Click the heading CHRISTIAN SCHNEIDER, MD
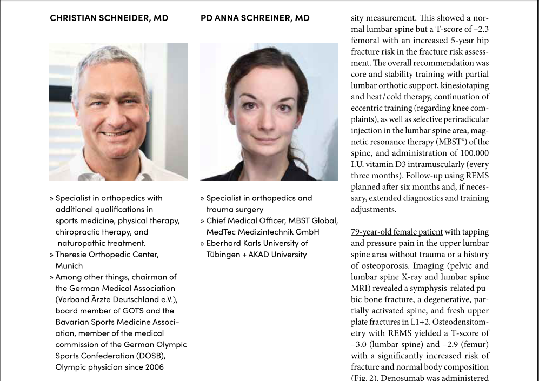click(x=109, y=18)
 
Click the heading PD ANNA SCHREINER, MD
click(x=255, y=18)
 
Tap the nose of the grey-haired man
click(x=114, y=115)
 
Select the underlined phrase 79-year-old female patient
click(x=396, y=232)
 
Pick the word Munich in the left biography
click(x=69, y=265)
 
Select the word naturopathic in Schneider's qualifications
click(x=82, y=243)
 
